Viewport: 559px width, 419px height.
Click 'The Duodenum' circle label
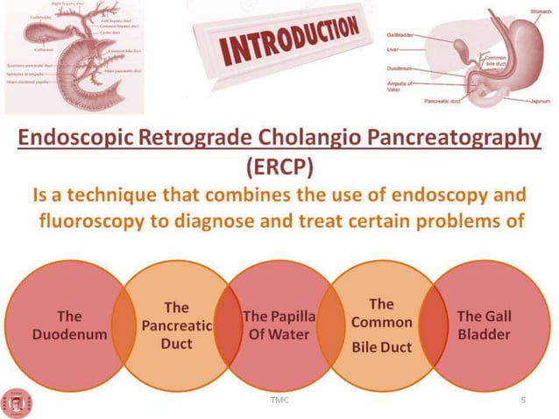click(69, 324)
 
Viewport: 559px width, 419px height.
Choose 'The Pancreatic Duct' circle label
click(176, 324)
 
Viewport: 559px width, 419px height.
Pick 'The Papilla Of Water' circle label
click(279, 324)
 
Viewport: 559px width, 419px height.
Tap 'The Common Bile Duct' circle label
click(381, 325)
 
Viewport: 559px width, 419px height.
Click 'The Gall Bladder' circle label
click(484, 324)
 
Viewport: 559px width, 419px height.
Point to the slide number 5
click(523, 399)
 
